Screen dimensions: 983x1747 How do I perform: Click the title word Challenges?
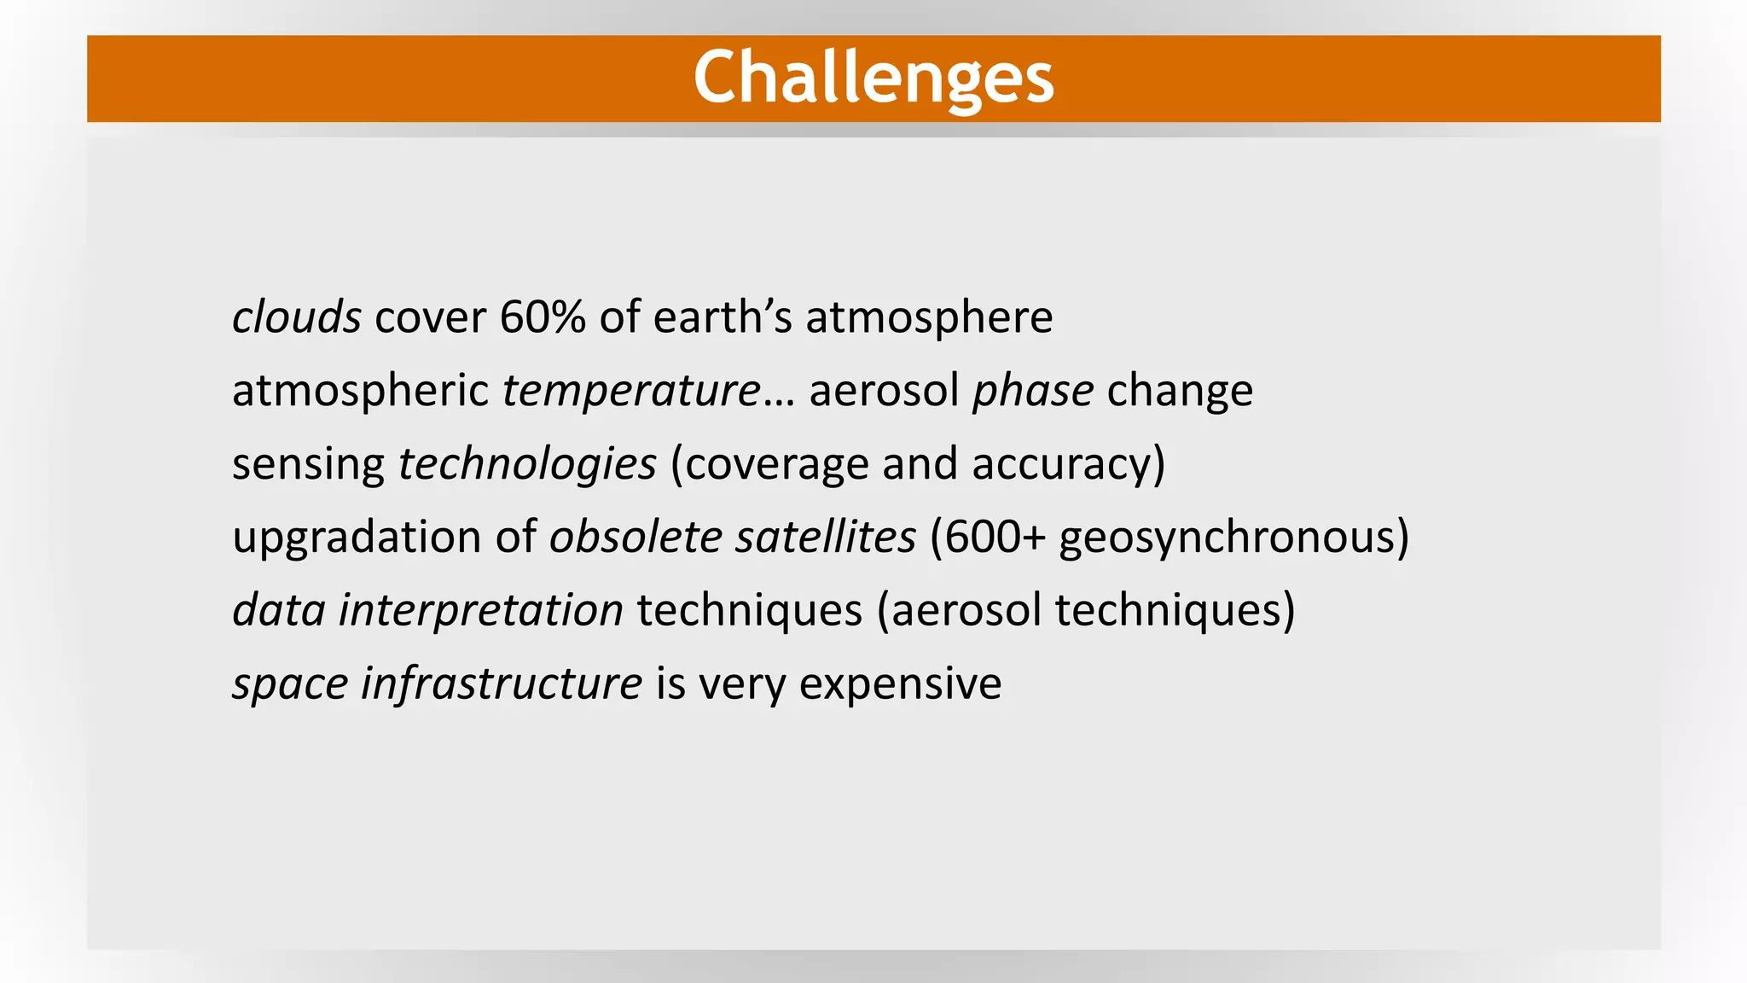tap(873, 79)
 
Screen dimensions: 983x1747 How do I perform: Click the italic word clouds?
tap(297, 317)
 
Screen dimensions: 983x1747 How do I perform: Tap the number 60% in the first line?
tap(543, 317)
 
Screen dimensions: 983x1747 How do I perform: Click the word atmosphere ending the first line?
tap(929, 317)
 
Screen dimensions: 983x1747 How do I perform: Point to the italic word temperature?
tap(631, 391)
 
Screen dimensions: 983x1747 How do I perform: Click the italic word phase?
tap(1033, 391)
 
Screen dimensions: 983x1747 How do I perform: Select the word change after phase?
tap(1180, 391)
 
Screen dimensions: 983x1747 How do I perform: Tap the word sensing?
tap(308, 465)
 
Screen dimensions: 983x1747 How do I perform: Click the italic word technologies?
tap(527, 464)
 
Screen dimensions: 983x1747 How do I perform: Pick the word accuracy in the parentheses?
tap(1061, 465)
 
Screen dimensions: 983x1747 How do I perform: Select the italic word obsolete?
tap(636, 538)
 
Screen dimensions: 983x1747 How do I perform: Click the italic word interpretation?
tap(481, 611)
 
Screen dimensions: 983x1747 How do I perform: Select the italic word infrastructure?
tap(502, 683)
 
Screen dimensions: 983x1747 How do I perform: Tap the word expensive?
tap(900, 685)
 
